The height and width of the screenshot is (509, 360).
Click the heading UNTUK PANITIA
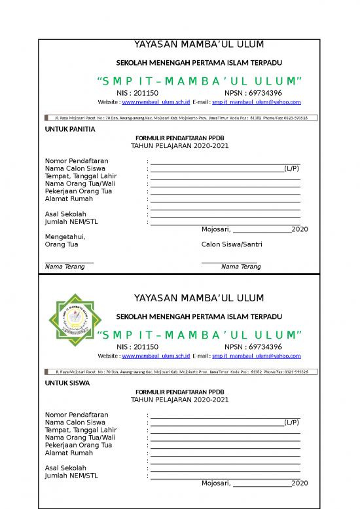pyautogui.click(x=69, y=129)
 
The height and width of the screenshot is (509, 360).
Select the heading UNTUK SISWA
pyautogui.click(x=66, y=383)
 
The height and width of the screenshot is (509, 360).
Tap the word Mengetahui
pyautogui.click(x=65, y=236)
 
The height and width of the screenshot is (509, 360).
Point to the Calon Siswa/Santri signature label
pyautogui.click(x=232, y=244)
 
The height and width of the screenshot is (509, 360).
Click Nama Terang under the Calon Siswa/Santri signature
pyautogui.click(x=240, y=267)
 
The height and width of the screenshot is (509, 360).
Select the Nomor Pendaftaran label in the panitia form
pyautogui.click(x=77, y=160)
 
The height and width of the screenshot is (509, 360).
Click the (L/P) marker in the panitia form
pyautogui.click(x=291, y=168)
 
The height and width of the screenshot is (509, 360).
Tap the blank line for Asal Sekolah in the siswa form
pyautogui.click(x=225, y=471)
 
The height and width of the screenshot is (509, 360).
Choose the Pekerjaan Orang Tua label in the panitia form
pyautogui.click(x=78, y=191)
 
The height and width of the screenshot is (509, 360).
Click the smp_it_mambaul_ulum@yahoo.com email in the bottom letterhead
pyautogui.click(x=257, y=356)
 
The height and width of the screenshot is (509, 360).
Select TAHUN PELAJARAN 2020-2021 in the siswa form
pyautogui.click(x=180, y=400)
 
